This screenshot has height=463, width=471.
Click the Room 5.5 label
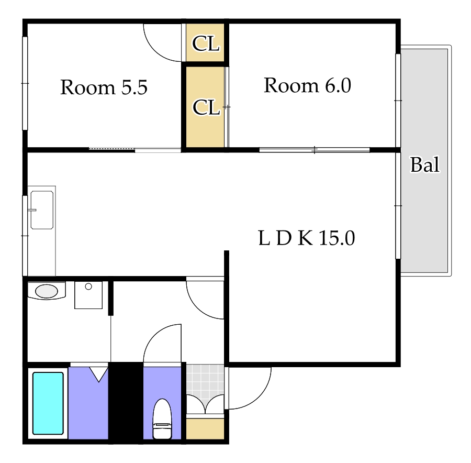[104, 87]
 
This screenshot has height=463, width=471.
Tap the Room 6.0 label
[307, 85]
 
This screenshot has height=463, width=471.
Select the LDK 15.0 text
[306, 238]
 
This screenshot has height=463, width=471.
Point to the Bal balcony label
[425, 165]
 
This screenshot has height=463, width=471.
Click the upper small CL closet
[205, 42]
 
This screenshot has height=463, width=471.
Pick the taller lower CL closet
[205, 107]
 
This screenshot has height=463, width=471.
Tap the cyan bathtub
[48, 403]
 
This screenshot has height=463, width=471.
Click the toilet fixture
[162, 419]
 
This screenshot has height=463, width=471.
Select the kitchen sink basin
[42, 210]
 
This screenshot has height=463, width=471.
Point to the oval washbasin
[46, 291]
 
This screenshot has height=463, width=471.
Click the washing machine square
[88, 295]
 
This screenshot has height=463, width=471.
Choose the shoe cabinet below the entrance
[205, 428]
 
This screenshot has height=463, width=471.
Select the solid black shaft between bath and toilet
[126, 401]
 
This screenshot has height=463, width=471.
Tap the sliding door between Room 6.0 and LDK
[314, 150]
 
